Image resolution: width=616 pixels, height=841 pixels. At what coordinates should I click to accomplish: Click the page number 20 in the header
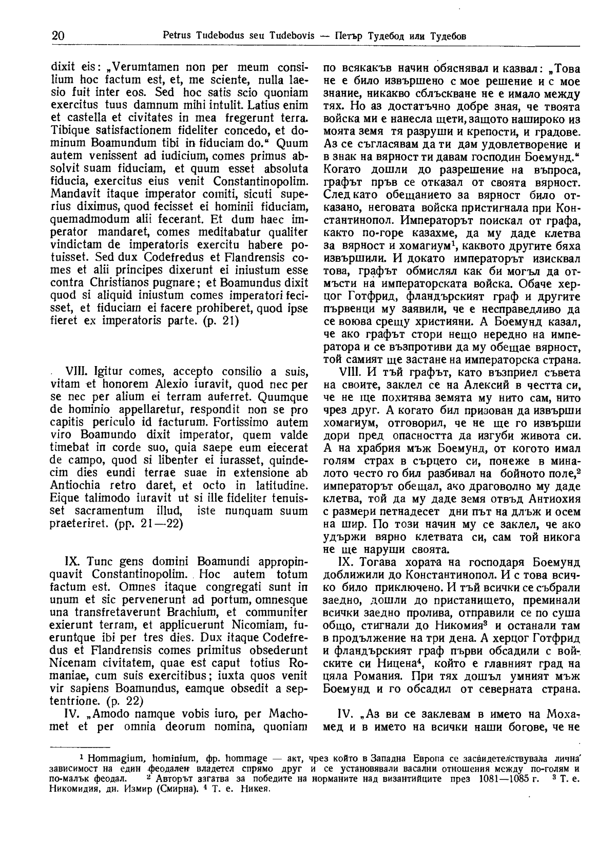click(57, 36)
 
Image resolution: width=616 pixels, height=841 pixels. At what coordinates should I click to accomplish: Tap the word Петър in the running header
click(350, 36)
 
